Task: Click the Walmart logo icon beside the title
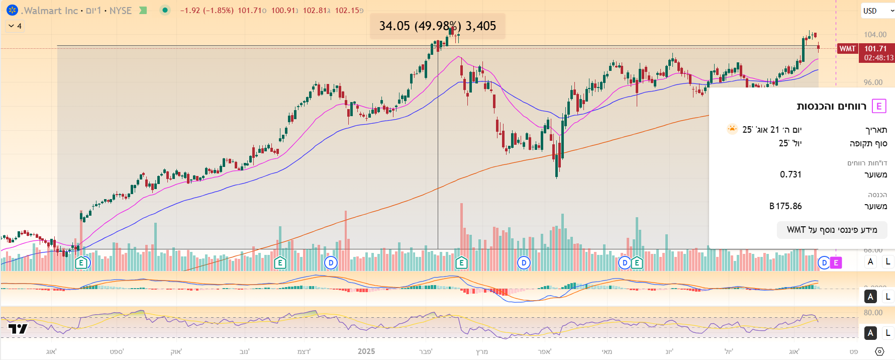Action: [x=13, y=10]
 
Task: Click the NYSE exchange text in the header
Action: [x=121, y=11]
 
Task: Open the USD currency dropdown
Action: [x=877, y=11]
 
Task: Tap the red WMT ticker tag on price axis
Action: [x=847, y=49]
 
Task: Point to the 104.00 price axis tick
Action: [x=875, y=35]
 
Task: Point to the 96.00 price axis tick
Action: [x=873, y=82]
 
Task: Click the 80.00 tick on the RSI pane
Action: [x=873, y=313]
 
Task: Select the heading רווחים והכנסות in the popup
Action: [x=832, y=106]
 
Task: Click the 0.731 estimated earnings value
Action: [x=790, y=174]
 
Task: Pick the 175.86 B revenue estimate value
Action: [x=785, y=206]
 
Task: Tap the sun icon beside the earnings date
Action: [x=732, y=129]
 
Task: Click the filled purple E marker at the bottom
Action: [x=836, y=262]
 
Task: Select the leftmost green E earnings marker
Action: [x=81, y=262]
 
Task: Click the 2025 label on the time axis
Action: [x=366, y=351]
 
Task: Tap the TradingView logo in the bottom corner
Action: [x=18, y=329]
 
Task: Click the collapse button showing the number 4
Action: [x=15, y=26]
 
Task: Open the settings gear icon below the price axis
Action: [x=879, y=351]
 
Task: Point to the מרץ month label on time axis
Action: [x=482, y=351]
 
